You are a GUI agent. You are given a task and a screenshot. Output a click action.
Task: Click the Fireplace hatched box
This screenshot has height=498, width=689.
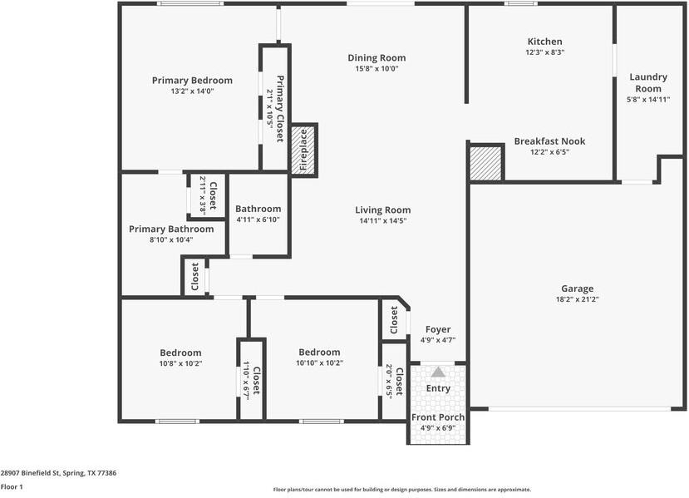click(x=304, y=149)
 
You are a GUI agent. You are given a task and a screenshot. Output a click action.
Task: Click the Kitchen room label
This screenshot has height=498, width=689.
click(x=544, y=42)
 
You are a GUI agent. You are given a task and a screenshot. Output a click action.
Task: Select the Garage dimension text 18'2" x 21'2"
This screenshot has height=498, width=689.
click(x=577, y=299)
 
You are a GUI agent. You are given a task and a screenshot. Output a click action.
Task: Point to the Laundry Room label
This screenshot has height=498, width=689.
click(x=648, y=82)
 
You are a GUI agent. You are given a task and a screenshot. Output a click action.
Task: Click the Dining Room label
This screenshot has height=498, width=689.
click(x=376, y=58)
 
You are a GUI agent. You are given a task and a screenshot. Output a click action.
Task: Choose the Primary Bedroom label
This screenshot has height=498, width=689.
click(x=192, y=81)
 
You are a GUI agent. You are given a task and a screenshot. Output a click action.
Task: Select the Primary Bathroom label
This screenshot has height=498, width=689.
click(x=171, y=229)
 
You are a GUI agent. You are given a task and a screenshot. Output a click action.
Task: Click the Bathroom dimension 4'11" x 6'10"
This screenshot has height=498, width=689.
click(x=258, y=219)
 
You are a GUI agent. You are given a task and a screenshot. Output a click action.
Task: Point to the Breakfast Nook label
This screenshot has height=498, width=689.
click(x=549, y=141)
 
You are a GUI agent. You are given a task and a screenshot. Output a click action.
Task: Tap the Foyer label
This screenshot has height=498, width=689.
click(x=438, y=329)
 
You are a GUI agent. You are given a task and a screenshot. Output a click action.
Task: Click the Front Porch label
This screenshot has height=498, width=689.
click(x=438, y=417)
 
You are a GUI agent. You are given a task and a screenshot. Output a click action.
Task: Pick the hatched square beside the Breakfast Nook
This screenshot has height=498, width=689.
click(x=486, y=163)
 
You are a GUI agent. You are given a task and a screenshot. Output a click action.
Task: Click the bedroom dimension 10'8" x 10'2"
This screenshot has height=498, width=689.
click(x=180, y=363)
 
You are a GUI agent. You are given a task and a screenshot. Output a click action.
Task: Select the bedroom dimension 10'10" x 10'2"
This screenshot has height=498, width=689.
click(x=320, y=363)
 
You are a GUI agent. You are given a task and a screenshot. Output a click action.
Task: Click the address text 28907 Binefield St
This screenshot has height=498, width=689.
click(x=58, y=473)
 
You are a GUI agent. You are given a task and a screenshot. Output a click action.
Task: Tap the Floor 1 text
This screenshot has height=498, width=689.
click(x=11, y=487)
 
